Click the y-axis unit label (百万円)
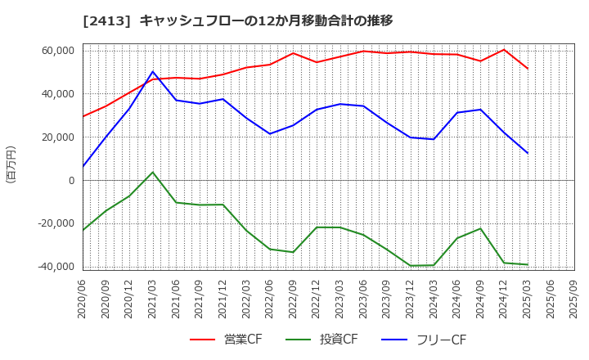click(x=11, y=164)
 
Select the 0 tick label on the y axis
click(x=71, y=181)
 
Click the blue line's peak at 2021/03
click(x=153, y=72)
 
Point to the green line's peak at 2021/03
click(x=153, y=172)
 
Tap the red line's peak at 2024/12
click(x=504, y=50)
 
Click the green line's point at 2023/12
click(x=411, y=266)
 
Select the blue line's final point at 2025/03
click(x=528, y=153)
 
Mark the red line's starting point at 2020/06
click(x=83, y=116)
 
